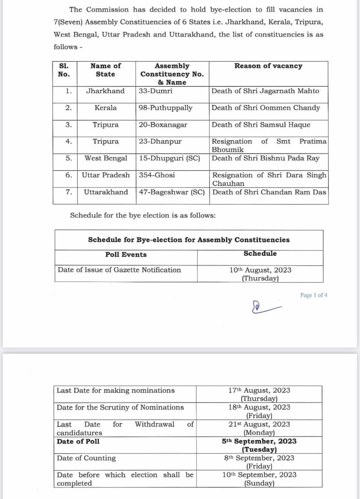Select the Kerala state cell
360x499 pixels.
tap(105, 108)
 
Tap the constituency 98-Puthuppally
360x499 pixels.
tap(166, 108)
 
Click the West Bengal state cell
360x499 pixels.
tap(105, 158)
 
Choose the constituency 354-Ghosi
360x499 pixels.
tap(156, 175)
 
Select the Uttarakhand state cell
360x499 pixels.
tap(106, 192)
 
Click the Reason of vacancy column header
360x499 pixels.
tap(268, 66)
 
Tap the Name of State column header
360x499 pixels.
tap(105, 70)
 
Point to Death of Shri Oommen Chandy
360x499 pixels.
tap(266, 108)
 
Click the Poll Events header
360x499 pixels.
tap(126, 254)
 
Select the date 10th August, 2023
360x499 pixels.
tap(260, 270)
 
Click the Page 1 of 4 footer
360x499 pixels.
tap(314, 295)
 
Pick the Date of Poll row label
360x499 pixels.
tap(78, 441)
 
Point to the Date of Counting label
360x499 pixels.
tap(86, 458)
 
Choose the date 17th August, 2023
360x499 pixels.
tap(259, 390)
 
